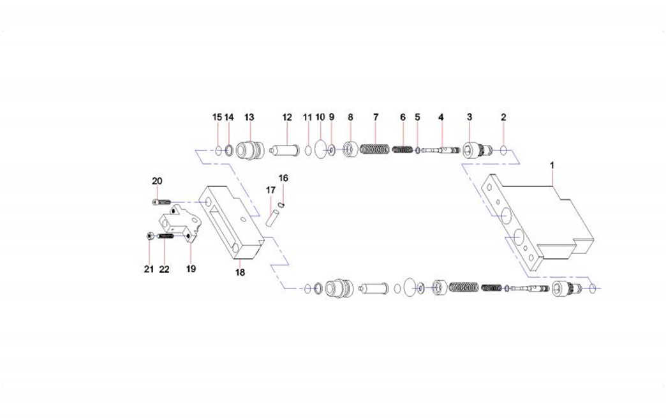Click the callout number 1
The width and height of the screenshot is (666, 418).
[552, 165]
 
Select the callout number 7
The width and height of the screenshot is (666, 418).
[376, 117]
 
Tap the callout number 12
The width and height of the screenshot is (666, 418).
[287, 117]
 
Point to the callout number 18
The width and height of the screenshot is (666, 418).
[240, 272]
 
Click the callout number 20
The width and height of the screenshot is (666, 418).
[157, 181]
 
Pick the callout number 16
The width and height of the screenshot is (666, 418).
[283, 178]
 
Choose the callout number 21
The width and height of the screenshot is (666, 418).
[149, 269]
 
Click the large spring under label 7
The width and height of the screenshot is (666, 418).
[374, 149]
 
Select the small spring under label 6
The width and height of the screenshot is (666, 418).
[403, 149]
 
